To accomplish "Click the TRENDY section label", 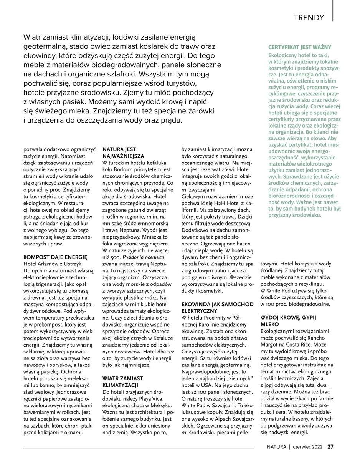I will pyautogui.click(x=309, y=18).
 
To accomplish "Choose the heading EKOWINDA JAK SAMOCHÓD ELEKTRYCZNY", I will pyautogui.click(x=217, y=307).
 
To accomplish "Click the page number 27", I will pyautogui.click(x=330, y=446).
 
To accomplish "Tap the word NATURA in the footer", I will pyautogui.click(x=277, y=446).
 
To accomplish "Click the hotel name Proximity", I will pyautogui.click(x=217, y=318).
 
